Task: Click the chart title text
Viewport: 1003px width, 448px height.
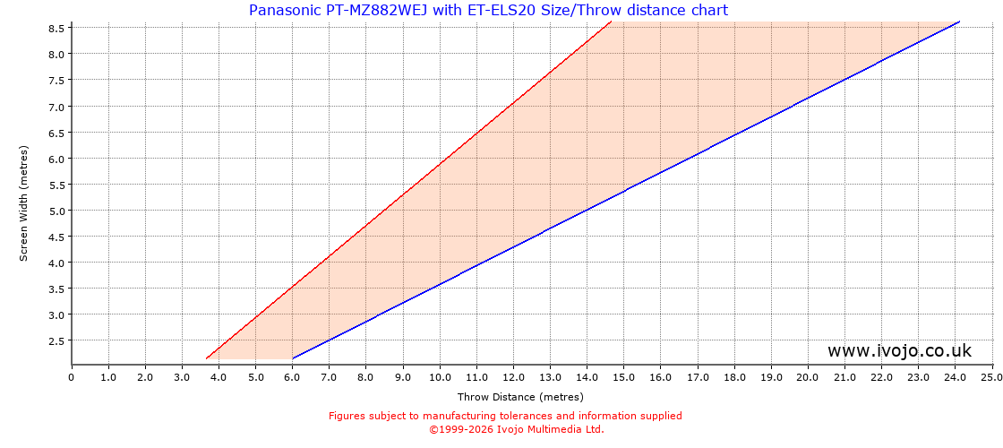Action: (488, 11)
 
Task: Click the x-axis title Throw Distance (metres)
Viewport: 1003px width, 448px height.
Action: (520, 397)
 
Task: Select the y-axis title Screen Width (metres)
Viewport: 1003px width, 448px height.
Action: (24, 202)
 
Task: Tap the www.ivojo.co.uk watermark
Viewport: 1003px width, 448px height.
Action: (898, 351)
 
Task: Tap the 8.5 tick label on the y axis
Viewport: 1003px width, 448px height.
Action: (56, 28)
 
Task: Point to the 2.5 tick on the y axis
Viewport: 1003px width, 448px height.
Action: (56, 340)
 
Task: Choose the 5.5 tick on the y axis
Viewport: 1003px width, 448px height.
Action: (56, 185)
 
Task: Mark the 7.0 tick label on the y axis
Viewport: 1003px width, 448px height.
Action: (56, 107)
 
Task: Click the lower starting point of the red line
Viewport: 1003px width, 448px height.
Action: (207, 358)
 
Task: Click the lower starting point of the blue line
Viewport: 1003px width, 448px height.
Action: (293, 358)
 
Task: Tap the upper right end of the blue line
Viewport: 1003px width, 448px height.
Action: (959, 22)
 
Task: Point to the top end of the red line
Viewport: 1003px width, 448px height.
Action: (611, 22)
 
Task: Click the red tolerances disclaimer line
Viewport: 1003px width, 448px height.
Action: (505, 416)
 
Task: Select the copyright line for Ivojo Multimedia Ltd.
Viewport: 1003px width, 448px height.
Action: (516, 429)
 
